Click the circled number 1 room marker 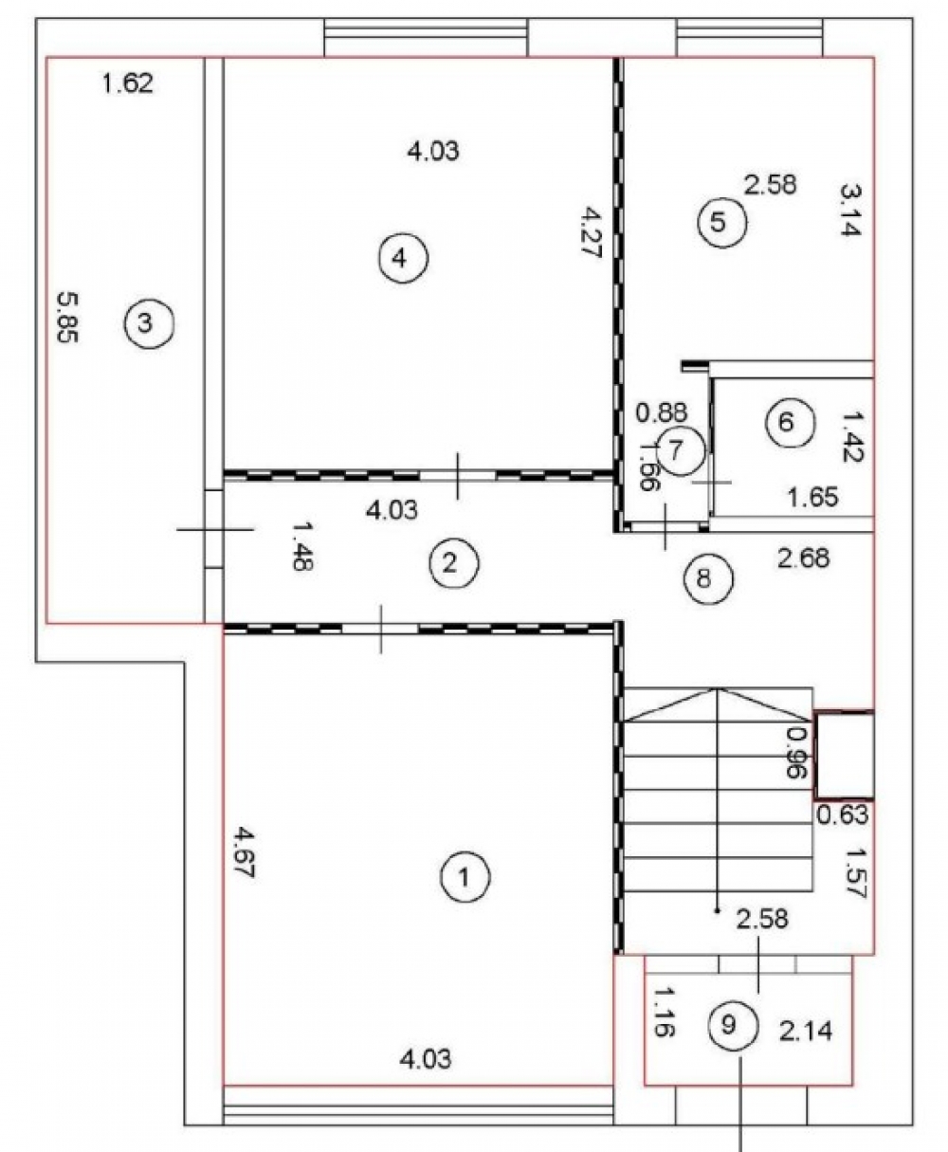click(x=465, y=877)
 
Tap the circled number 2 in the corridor click(x=454, y=563)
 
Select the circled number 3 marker click(x=149, y=323)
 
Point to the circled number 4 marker click(x=404, y=258)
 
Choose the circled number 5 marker click(x=722, y=222)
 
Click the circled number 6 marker click(x=789, y=422)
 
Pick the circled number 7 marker click(x=681, y=451)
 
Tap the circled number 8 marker click(x=708, y=578)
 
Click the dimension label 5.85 click(x=68, y=318)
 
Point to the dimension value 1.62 click(x=128, y=84)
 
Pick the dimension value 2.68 click(x=803, y=558)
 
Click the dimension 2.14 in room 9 click(x=806, y=1032)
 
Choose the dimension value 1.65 click(x=812, y=497)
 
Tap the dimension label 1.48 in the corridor click(x=303, y=546)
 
